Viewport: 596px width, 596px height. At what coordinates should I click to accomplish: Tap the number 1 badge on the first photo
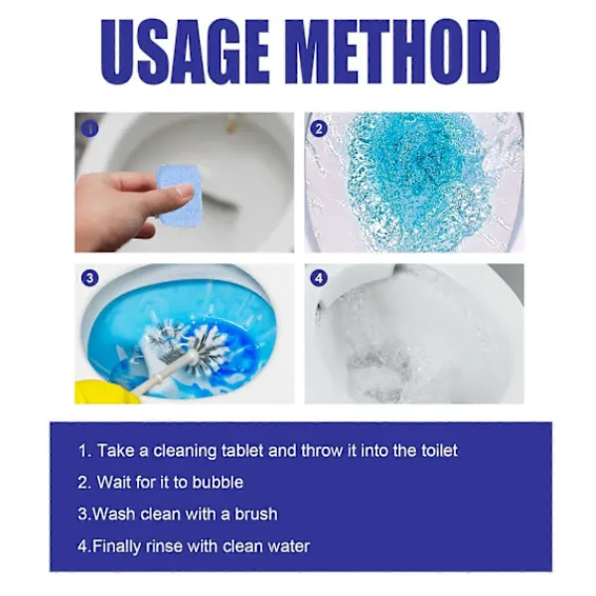[89, 129]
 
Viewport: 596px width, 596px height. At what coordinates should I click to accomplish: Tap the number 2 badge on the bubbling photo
[319, 129]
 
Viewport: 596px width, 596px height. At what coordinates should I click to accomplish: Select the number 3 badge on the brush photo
[89, 278]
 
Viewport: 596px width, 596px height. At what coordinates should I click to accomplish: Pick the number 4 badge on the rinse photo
[319, 278]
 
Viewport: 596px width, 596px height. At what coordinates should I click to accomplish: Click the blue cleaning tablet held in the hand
[178, 196]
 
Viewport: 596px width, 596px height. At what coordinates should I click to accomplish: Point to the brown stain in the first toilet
[231, 125]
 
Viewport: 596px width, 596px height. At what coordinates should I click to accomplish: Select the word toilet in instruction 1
[439, 451]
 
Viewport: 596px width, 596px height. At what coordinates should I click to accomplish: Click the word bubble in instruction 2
[218, 483]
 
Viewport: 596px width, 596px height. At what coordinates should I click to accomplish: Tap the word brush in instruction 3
[256, 515]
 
